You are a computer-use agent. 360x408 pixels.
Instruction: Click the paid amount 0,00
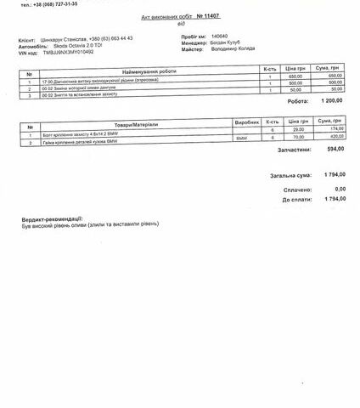pos(340,188)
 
